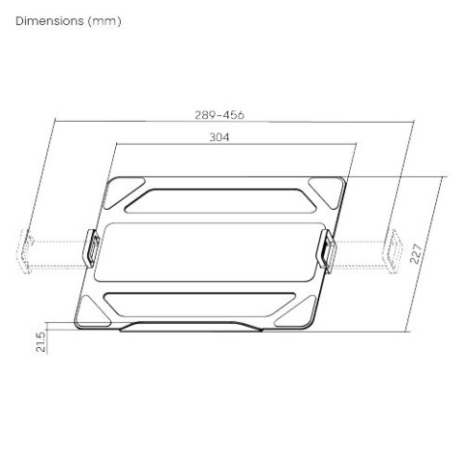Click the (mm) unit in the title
point(105,20)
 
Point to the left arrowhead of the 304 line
point(118,145)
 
